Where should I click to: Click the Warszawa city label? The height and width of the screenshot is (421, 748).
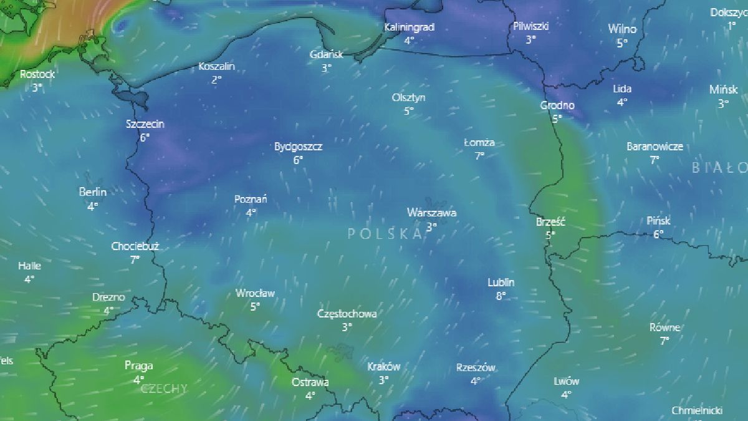431,213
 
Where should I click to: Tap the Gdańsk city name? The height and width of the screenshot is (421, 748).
326,54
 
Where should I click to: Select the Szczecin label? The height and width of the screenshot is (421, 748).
145,124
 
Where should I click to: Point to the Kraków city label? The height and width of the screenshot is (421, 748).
383,367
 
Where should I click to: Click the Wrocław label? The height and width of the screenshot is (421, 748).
255,293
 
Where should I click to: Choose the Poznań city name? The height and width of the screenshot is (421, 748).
251,200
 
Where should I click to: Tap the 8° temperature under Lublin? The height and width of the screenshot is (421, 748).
501,296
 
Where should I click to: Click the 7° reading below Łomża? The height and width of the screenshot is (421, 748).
479,156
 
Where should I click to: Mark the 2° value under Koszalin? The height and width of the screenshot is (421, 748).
216,80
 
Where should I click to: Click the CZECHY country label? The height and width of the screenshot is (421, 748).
164,389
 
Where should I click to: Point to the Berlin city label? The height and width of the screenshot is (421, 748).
93,192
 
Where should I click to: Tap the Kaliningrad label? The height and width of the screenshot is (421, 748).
409,27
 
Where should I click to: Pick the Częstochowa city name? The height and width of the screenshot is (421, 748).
347,314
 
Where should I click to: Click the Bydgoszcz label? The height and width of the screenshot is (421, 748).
298,147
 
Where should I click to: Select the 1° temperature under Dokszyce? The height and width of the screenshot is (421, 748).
731,26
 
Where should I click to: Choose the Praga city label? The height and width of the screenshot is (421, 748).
138,366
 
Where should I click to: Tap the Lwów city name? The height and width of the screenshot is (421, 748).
566,382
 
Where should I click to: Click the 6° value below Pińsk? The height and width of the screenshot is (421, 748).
658,235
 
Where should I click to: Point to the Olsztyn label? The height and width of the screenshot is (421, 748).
408,98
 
